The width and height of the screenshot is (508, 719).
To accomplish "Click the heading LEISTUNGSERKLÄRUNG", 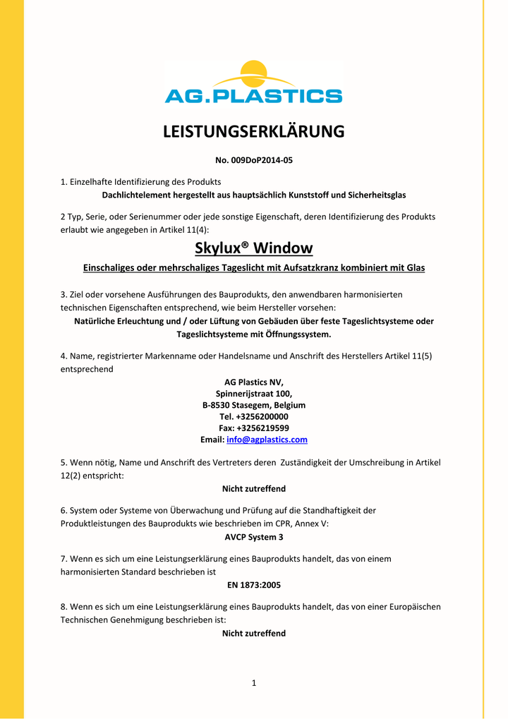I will click(254, 132).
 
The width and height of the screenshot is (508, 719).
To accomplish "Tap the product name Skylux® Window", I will click(253, 248).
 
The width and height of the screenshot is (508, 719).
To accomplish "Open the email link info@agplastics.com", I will click(267, 440).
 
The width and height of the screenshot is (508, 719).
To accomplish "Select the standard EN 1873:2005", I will click(254, 585).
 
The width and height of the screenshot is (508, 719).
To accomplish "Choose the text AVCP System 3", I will click(254, 537).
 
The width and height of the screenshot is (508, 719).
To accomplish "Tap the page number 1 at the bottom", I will click(254, 682).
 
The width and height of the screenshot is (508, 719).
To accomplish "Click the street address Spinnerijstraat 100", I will click(254, 394).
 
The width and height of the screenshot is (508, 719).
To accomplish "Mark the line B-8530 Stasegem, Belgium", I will click(254, 405).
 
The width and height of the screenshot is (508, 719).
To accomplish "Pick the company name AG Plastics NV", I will click(254, 382).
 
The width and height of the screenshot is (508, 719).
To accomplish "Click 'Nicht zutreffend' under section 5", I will click(254, 488).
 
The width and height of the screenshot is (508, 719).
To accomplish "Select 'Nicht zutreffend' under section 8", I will click(254, 633).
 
